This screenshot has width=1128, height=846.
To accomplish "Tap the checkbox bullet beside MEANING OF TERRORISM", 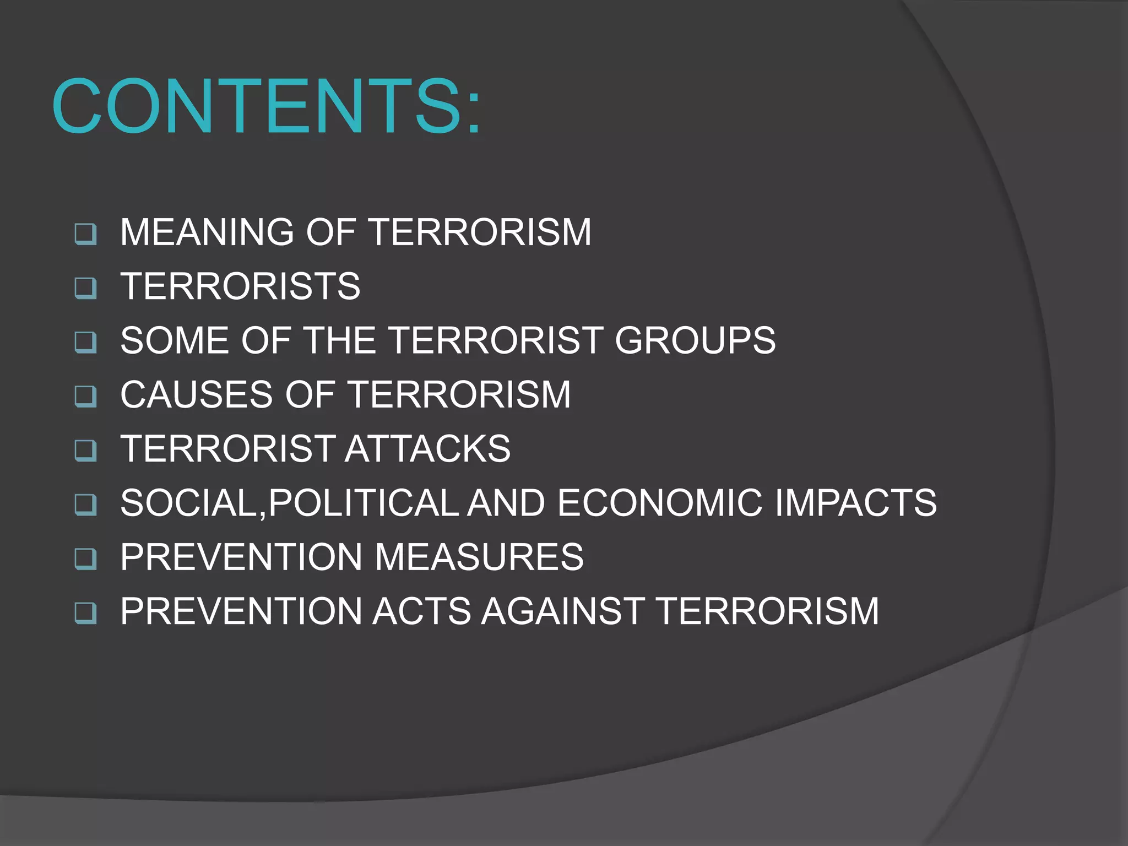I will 85,234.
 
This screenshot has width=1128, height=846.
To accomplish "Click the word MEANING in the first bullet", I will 207,232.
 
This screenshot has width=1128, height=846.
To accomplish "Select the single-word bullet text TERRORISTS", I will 240,286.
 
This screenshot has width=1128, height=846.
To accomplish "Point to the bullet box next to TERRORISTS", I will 85,288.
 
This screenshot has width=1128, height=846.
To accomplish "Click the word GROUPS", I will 695,340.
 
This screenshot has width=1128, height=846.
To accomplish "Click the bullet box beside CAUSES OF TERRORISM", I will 85,396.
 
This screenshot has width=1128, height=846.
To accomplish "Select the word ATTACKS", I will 428,449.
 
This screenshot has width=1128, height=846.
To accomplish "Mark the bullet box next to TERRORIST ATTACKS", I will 85,450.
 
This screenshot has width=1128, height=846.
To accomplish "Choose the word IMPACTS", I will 856,503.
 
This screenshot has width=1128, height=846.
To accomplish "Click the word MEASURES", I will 479,557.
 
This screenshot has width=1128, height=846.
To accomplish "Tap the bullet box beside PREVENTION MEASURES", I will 85,558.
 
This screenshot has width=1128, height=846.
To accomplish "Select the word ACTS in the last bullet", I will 421,611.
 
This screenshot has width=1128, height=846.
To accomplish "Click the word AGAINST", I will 563,611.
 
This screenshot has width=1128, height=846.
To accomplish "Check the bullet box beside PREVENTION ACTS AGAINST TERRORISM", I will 85,612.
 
